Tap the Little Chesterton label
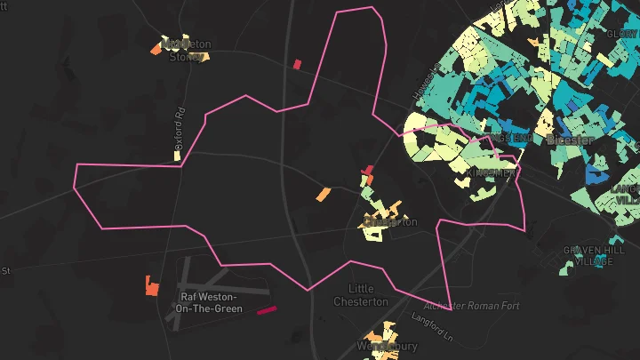361,295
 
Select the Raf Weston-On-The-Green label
209,302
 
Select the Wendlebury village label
386,345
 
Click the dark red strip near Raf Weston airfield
267,310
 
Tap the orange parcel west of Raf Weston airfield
151,286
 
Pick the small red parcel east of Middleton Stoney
297,64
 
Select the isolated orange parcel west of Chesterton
324,194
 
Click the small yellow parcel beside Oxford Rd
178,156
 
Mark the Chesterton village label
391,222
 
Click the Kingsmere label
492,172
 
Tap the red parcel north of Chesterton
368,171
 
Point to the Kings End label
516,139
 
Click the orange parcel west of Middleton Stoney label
156,50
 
